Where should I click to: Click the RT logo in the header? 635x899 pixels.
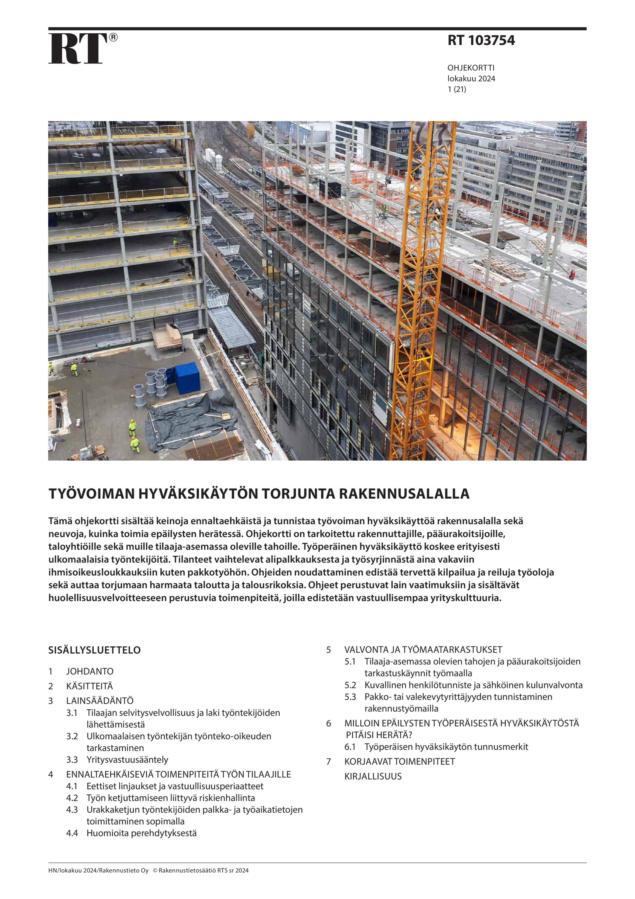pos(78,49)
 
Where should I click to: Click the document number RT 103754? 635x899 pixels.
pos(481,40)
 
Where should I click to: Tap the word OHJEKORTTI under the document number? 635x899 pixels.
pos(471,68)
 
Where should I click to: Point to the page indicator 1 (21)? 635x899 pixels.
pos(457,89)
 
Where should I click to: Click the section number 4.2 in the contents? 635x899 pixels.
pos(72,798)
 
